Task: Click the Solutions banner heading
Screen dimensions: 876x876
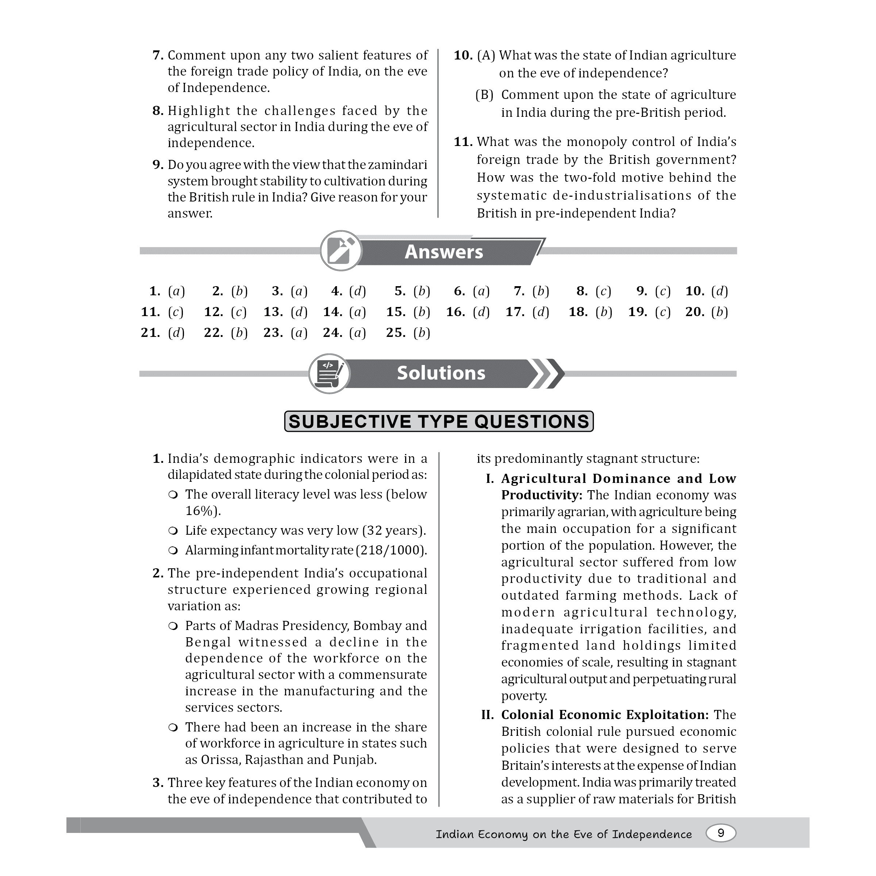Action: pyautogui.click(x=441, y=373)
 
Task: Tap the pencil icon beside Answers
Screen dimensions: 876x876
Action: pyautogui.click(x=341, y=251)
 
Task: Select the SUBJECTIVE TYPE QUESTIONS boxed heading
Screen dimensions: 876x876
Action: pyautogui.click(x=438, y=422)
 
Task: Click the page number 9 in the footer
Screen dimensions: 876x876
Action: pyautogui.click(x=721, y=833)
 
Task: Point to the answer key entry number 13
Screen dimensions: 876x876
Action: pyautogui.click(x=285, y=312)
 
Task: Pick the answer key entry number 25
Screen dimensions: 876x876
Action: pyautogui.click(x=408, y=333)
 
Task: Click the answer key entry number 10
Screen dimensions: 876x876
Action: pyautogui.click(x=706, y=291)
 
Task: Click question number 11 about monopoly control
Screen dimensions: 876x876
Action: pyautogui.click(x=463, y=142)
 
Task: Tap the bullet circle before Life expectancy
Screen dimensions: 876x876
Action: pyautogui.click(x=172, y=531)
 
